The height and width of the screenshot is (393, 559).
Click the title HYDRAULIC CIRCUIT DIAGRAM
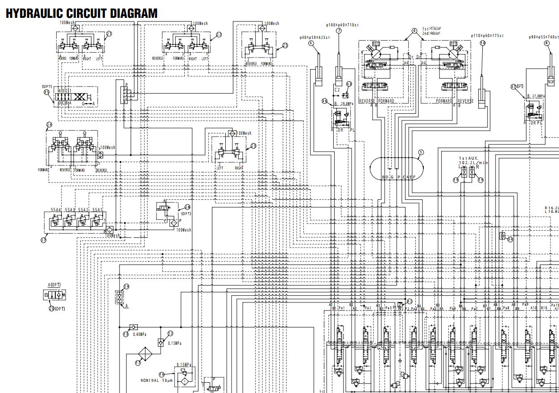pos(82,13)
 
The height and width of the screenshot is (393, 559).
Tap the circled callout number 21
pos(109,33)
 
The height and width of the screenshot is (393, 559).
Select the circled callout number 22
pos(219,34)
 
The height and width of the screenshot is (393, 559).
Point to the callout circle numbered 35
pos(46,92)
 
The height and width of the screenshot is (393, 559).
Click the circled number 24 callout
pos(49,125)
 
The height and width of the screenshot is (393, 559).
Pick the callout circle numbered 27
pos(43,240)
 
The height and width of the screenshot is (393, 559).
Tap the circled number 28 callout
pos(187,207)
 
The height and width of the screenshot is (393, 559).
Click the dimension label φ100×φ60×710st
pos(342,25)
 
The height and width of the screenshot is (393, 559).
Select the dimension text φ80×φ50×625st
pos(315,37)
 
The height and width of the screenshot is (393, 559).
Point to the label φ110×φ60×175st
pos(487,36)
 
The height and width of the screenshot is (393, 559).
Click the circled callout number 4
pos(414,31)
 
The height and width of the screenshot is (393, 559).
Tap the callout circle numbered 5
pos(420,152)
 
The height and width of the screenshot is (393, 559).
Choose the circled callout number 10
pos(483,43)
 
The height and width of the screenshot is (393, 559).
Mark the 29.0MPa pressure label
pos(347,103)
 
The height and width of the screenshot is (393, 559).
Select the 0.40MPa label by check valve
pos(140,334)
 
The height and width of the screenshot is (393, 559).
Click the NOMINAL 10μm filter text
pos(155,381)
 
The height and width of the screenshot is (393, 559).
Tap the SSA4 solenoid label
pos(56,210)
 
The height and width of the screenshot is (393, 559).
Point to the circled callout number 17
pos(137,363)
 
